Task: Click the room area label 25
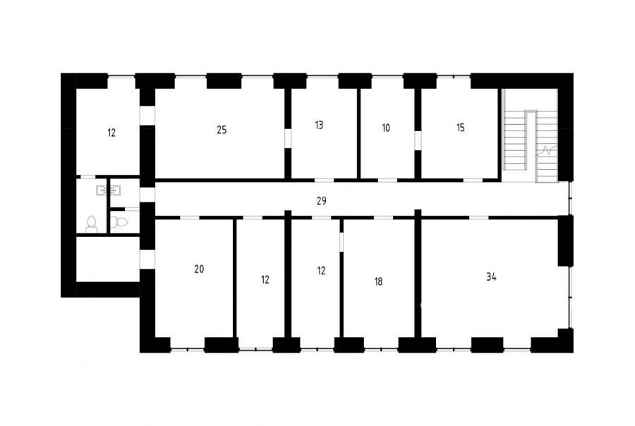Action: click(x=222, y=130)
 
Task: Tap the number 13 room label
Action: click(x=319, y=125)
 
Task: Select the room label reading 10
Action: click(x=386, y=128)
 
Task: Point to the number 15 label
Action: click(x=461, y=128)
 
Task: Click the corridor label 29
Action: click(x=321, y=201)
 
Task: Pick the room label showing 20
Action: click(x=199, y=269)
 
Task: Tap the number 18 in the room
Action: click(x=378, y=281)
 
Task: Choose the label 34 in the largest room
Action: click(x=491, y=277)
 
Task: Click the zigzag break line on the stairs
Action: click(x=547, y=151)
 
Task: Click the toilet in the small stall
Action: click(x=119, y=222)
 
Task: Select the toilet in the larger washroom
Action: click(x=92, y=225)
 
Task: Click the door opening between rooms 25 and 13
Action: click(x=288, y=138)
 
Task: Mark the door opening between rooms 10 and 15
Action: click(x=418, y=140)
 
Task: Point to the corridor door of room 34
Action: click(x=478, y=218)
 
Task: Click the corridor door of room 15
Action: click(x=473, y=179)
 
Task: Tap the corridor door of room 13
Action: click(x=324, y=179)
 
